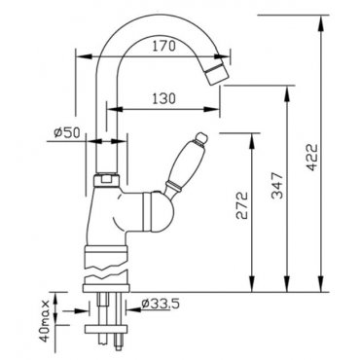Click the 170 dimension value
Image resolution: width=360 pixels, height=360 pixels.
tap(163, 46)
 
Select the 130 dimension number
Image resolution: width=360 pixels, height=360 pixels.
tap(163, 98)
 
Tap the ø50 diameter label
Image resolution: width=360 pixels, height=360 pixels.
tap(67, 132)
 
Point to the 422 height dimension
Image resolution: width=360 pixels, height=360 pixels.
tap(311, 157)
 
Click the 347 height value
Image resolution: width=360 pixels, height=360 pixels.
tap(277, 186)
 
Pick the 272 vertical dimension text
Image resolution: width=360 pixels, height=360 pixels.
tap(241, 205)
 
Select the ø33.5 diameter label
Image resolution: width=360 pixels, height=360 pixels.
tap(161, 304)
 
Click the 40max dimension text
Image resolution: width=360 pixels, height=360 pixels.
tap(45, 320)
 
